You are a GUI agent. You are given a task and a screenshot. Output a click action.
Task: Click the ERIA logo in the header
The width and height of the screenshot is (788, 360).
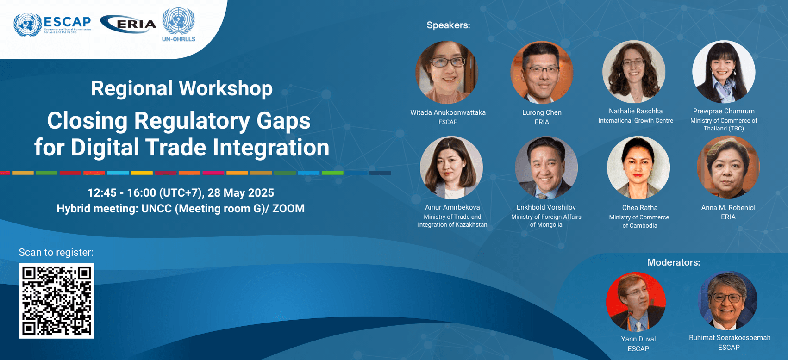click(128, 24)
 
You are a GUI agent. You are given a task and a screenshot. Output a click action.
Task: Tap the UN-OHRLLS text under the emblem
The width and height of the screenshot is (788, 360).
click(179, 39)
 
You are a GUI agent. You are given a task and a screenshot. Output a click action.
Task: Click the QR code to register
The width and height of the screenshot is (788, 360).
click(56, 301)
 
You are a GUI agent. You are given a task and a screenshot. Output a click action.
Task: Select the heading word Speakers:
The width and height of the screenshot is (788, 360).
click(448, 25)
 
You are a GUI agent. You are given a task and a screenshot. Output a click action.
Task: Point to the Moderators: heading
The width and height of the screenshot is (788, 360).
click(674, 262)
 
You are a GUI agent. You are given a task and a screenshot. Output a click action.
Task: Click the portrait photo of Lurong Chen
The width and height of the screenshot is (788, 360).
click(542, 73)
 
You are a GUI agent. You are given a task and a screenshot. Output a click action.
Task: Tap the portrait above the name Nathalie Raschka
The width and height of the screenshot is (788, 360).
click(634, 72)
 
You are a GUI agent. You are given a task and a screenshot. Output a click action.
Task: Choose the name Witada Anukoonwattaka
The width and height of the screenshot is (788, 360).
click(448, 112)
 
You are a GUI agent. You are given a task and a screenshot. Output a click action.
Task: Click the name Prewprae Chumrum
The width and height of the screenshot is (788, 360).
click(724, 111)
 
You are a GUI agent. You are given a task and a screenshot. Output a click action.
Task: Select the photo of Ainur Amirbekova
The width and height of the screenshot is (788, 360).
click(451, 168)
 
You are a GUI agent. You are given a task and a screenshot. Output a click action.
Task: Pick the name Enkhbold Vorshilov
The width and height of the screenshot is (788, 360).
click(546, 207)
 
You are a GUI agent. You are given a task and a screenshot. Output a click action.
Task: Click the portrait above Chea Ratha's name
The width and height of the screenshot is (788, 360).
click(638, 168)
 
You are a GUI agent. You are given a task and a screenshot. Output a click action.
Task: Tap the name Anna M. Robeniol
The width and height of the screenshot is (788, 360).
click(728, 208)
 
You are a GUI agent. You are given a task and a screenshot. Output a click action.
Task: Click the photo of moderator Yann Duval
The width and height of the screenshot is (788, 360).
click(636, 302)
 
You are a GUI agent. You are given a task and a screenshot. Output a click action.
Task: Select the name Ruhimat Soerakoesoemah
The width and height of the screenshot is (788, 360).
click(730, 338)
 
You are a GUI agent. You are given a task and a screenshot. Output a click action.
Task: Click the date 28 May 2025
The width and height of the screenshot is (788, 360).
click(241, 192)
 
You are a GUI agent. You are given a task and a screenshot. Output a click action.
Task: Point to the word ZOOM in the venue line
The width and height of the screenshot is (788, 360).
click(288, 209)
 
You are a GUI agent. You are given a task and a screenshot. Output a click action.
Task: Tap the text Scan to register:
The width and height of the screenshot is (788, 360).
click(56, 253)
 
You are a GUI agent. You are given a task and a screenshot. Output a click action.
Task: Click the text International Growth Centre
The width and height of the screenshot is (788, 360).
click(636, 121)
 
